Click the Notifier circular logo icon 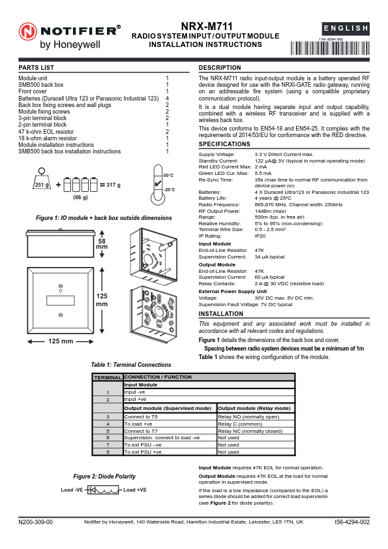coord(28,32)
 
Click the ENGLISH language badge coord(346,29)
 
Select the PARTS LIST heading coord(37,68)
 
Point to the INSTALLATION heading coord(220,314)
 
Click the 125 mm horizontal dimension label coord(61,341)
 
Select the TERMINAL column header coord(107,378)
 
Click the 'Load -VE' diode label coord(72,490)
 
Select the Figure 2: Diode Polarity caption coord(105,477)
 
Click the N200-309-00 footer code coord(36,522)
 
